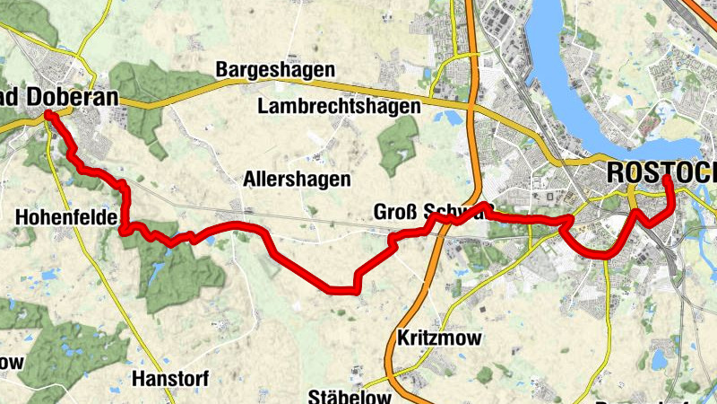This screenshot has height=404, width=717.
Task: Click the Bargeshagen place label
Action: tap(274, 70)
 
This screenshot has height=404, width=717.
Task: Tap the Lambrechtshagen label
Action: tap(339, 106)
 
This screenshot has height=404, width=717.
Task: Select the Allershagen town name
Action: tap(297, 180)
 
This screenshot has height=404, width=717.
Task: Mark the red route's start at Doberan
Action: tap(49, 116)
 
